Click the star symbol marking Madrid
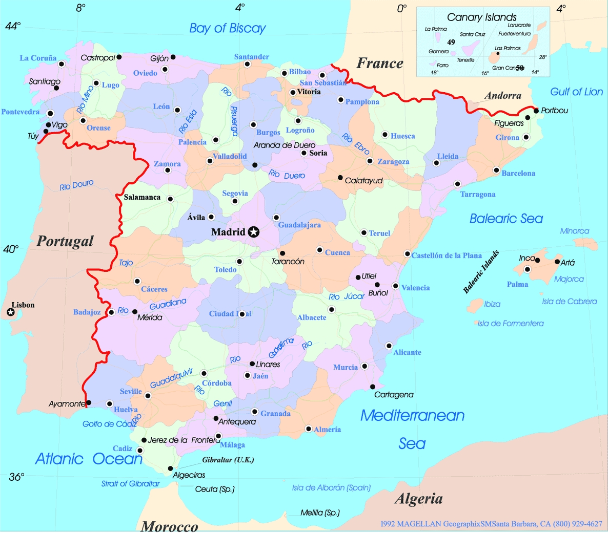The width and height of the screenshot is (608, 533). click(x=253, y=232)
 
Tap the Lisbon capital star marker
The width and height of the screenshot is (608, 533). click(x=11, y=312)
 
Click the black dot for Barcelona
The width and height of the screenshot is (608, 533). click(x=496, y=170)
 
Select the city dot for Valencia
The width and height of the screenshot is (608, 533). click(x=395, y=286)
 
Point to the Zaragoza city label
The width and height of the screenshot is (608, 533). click(x=393, y=162)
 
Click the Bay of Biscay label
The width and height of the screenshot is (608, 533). click(x=227, y=28)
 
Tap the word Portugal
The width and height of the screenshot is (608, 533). click(x=65, y=241)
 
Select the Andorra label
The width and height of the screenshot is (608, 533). click(x=502, y=96)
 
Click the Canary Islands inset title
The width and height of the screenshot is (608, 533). click(x=481, y=17)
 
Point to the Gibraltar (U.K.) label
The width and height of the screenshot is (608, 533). click(x=228, y=460)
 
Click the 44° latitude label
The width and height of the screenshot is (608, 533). click(x=13, y=26)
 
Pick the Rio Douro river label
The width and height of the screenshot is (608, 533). click(x=76, y=185)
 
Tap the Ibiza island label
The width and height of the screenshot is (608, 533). click(x=492, y=304)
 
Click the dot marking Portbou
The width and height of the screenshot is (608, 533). click(x=536, y=111)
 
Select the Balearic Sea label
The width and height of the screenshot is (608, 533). click(x=506, y=219)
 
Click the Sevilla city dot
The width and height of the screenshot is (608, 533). click(x=148, y=395)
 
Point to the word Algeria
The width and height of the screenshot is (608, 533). click(x=418, y=499)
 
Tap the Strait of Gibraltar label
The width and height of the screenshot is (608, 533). click(x=130, y=483)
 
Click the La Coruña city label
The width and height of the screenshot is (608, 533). click(x=38, y=58)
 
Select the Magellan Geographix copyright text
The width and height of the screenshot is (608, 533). click(x=491, y=524)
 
